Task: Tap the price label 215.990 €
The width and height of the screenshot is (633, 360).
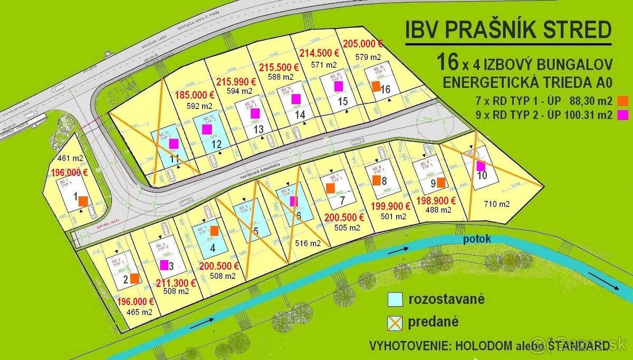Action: tap(236, 82)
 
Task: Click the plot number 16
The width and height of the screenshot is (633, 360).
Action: tap(386, 89)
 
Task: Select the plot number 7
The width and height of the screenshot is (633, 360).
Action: tap(342, 200)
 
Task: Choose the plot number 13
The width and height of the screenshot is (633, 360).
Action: tap(258, 129)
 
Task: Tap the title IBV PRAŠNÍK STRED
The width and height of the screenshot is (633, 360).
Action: tap(508, 31)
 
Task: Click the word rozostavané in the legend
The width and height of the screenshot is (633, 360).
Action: tap(446, 300)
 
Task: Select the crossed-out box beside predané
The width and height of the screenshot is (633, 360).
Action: tap(396, 321)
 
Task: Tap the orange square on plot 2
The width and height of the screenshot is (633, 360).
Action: tap(135, 278)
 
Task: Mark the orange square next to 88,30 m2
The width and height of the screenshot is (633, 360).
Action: tap(624, 100)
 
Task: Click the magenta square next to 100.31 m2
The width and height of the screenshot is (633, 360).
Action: tap(624, 114)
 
